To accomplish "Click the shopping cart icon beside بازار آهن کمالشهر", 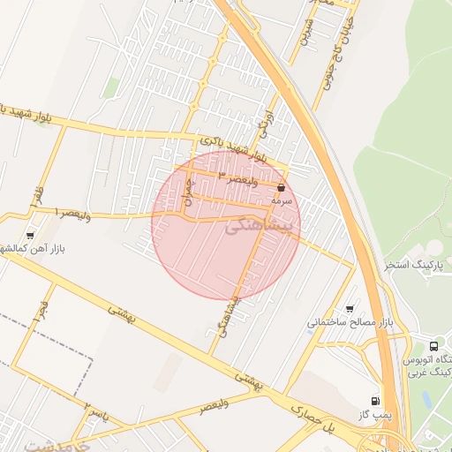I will (x=32, y=236).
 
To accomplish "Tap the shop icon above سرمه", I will (x=281, y=187).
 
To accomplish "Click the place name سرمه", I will (x=281, y=201).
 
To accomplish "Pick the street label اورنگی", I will (x=263, y=129).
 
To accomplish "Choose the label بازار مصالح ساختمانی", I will (x=349, y=322).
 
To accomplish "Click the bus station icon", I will (x=433, y=345).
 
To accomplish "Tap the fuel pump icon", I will (x=376, y=400).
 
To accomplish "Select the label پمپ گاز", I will (x=375, y=414).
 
